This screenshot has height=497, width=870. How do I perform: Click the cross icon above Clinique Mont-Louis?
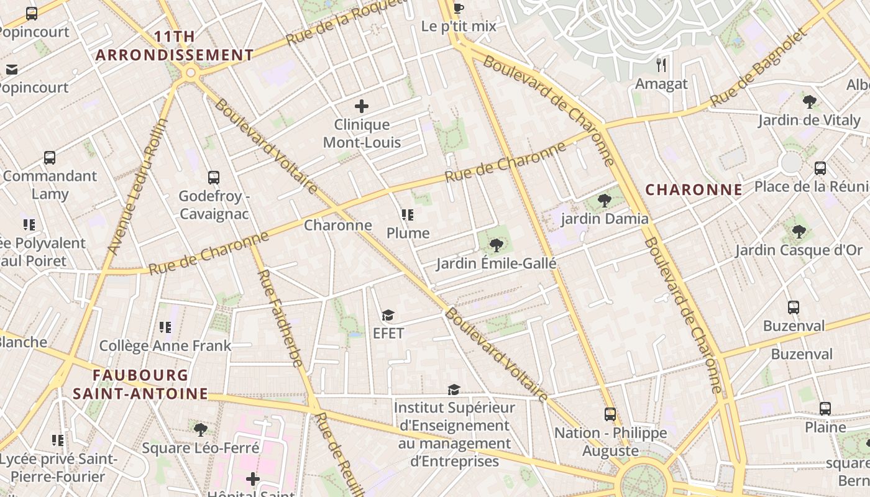[361, 106]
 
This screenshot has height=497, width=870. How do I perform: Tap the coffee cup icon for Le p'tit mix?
[459, 8]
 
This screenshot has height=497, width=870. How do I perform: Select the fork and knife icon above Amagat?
[661, 65]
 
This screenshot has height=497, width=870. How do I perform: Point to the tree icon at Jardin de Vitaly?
[809, 101]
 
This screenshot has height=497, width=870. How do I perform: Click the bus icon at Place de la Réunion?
[820, 168]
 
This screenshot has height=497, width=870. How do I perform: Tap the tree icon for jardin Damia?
[604, 200]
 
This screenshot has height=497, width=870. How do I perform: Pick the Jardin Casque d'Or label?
[799, 250]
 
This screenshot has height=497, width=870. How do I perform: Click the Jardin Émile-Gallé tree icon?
[496, 245]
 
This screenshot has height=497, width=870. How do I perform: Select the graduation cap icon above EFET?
[388, 315]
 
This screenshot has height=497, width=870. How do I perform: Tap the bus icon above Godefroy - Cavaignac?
[214, 178]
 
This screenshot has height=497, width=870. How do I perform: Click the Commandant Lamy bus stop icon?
[50, 158]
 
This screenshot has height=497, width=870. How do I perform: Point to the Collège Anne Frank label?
[165, 346]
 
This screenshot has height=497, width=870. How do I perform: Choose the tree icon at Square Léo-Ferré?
[200, 429]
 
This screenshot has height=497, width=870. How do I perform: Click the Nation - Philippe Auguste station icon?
[610, 414]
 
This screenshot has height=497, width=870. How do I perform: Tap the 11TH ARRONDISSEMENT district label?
[175, 46]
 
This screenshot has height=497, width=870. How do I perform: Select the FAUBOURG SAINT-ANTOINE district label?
[140, 384]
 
